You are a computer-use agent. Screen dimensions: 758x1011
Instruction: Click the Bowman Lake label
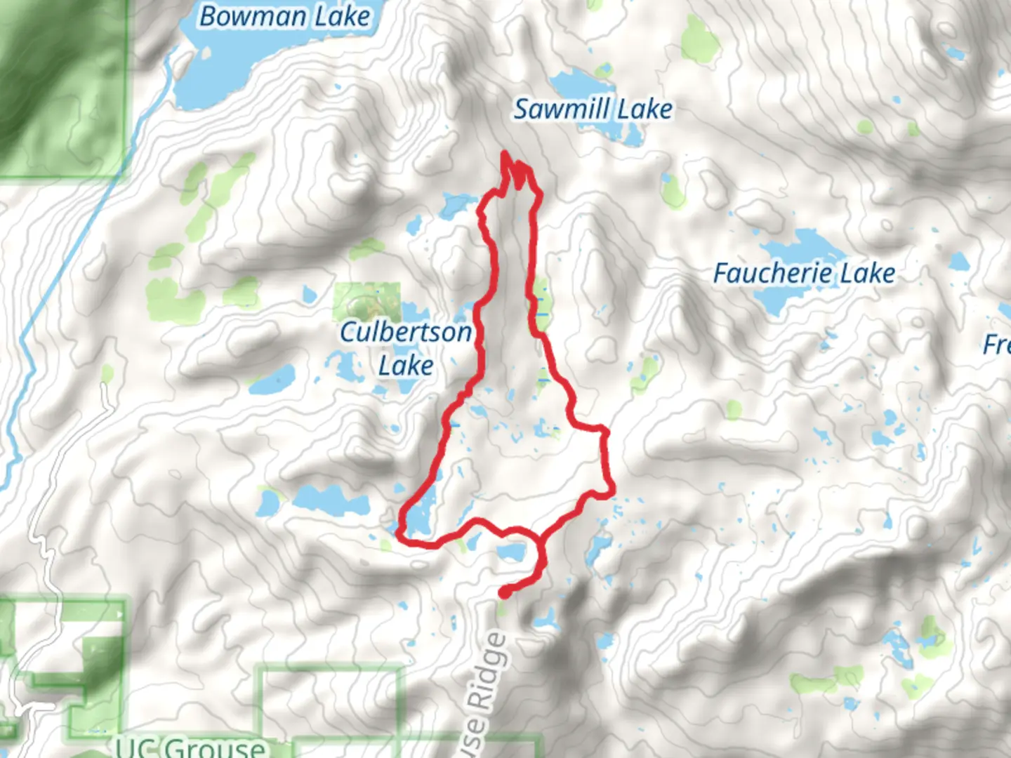[x=284, y=17]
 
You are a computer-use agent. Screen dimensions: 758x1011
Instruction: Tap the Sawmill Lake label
[x=593, y=109]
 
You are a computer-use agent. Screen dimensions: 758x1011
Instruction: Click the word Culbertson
[x=405, y=332]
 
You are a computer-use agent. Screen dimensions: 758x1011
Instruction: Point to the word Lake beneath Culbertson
[x=405, y=366]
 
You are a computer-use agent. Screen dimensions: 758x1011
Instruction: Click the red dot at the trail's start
[x=504, y=594]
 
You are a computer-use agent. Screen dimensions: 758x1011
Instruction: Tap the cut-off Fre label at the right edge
[x=997, y=345]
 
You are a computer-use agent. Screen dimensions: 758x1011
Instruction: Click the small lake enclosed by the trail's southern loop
[x=510, y=551]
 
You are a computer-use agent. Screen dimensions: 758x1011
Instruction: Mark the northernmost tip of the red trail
[x=505, y=154]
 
